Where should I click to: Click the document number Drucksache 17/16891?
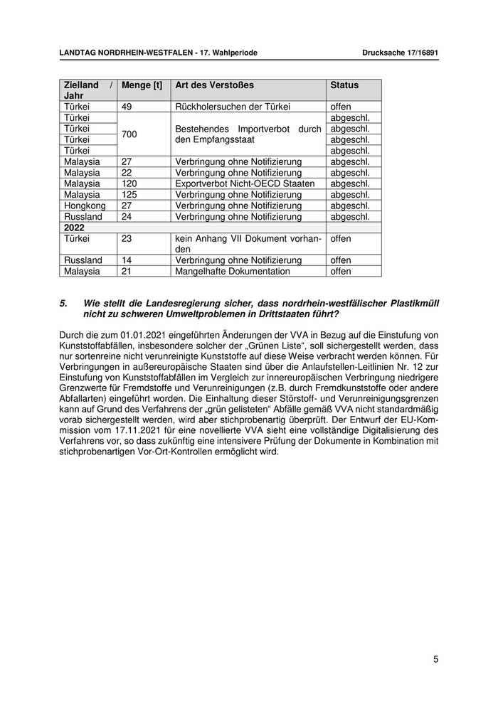pos(400,53)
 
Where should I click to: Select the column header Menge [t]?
pos(142,85)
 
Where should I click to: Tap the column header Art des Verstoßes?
pos(214,85)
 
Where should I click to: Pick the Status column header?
pos(344,85)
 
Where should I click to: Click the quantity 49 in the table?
pos(128,107)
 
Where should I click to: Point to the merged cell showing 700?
pos(129,134)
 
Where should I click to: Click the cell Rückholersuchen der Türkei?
pos(233,107)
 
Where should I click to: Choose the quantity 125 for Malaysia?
pos(129,195)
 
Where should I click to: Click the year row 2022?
pos(74,228)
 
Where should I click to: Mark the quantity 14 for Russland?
pos(127,260)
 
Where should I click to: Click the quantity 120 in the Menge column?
pos(129,183)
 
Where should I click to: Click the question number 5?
pos(63,303)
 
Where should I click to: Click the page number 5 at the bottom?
pos(435,659)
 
